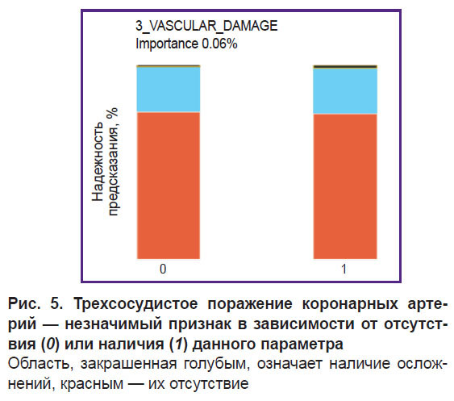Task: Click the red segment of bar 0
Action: (x=169, y=185)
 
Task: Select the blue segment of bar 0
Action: (x=169, y=90)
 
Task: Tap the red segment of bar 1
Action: (x=345, y=186)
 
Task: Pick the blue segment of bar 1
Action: (x=345, y=91)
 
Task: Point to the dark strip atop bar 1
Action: (x=345, y=67)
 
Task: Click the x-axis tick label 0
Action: (x=163, y=269)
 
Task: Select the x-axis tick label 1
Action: (x=344, y=269)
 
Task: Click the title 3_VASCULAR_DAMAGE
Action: (x=206, y=26)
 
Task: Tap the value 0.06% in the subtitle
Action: (x=219, y=44)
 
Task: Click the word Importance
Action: (x=167, y=44)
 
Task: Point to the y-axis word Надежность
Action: (x=98, y=161)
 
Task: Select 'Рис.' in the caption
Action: (x=25, y=303)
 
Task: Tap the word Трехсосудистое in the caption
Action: (x=135, y=304)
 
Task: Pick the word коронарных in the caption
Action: (x=350, y=304)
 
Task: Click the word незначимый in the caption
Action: (x=113, y=324)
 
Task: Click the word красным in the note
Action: (x=92, y=384)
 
